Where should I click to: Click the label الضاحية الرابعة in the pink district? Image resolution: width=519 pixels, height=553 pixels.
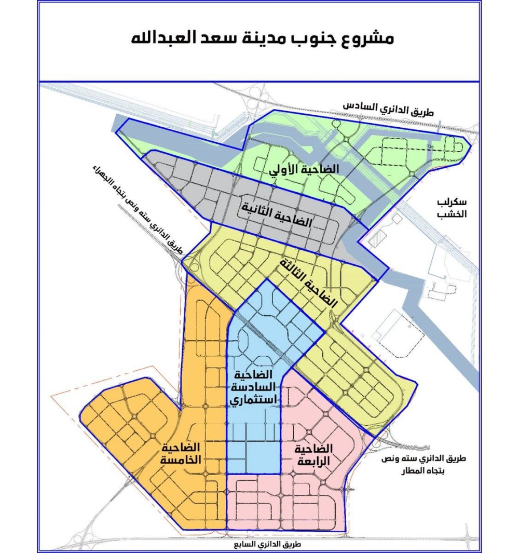tap(312, 455)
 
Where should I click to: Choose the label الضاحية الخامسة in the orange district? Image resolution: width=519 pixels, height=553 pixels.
tap(181, 453)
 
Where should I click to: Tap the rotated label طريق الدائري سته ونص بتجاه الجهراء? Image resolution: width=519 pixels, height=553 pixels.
tap(138, 210)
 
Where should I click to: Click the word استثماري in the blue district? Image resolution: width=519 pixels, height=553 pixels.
tap(254, 400)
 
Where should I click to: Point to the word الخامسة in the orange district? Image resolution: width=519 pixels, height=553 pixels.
tap(181, 460)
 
